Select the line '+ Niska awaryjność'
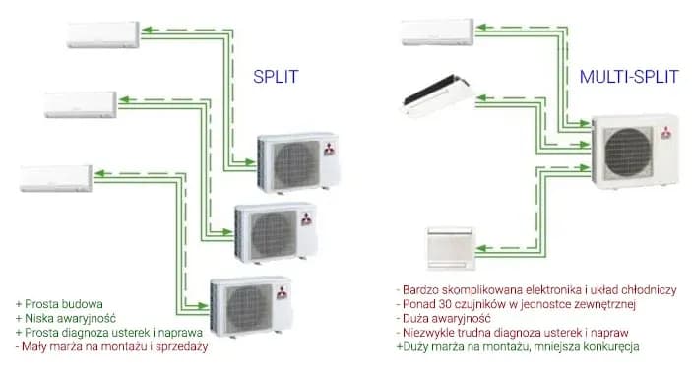pyautogui.click(x=67, y=319)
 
